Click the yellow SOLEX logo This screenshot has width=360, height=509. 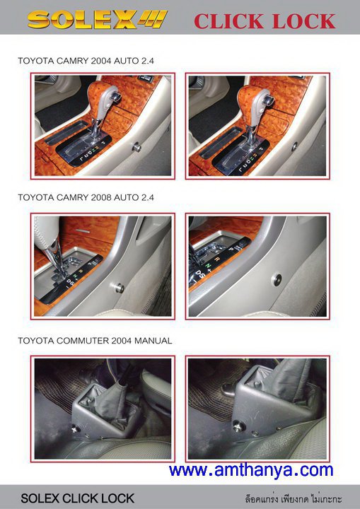pyautogui.click(x=97, y=20)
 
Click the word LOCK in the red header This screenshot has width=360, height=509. pyautogui.click(x=304, y=21)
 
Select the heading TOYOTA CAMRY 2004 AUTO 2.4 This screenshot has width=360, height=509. pyautogui.click(x=86, y=61)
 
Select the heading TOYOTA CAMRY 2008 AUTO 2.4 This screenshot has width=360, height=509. pyautogui.click(x=86, y=197)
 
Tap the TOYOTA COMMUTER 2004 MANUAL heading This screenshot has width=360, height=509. pyautogui.click(x=95, y=341)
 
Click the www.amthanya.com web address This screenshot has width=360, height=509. pyautogui.click(x=251, y=470)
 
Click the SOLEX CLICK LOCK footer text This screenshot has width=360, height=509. pyautogui.click(x=77, y=498)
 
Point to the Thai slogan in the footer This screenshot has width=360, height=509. pyautogui.click(x=294, y=498)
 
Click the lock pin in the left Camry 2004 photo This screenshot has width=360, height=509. pyautogui.click(x=137, y=148)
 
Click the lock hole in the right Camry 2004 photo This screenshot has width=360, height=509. pyautogui.click(x=294, y=146)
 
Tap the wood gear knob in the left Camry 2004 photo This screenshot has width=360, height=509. pyautogui.click(x=103, y=100)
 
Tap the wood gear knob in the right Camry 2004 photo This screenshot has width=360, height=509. pyautogui.click(x=255, y=104)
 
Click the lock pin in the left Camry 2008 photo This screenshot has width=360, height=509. pyautogui.click(x=120, y=288)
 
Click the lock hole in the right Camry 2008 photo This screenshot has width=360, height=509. pyautogui.click(x=277, y=280)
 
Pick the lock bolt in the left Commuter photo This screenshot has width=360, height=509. pyautogui.click(x=76, y=429)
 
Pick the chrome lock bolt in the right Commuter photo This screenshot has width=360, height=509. pyautogui.click(x=238, y=426)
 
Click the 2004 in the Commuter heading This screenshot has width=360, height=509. pyautogui.click(x=122, y=341)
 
